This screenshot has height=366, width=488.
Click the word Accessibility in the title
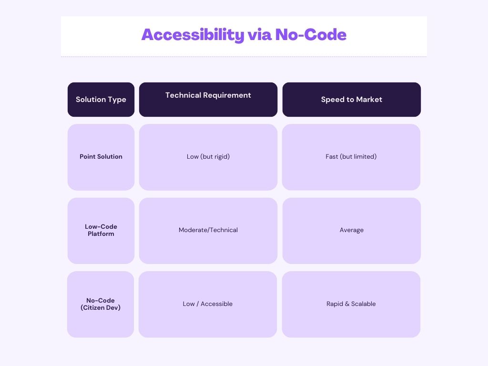[x=193, y=35]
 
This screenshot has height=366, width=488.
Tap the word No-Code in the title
[x=311, y=34]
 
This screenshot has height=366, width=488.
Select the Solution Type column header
[x=101, y=100]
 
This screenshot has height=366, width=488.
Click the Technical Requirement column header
[x=208, y=100]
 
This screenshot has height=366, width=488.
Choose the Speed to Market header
[x=352, y=100]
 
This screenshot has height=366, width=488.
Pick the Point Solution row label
[x=101, y=157]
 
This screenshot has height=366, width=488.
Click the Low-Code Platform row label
[x=101, y=231]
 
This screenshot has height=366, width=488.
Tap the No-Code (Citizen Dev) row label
[x=101, y=304]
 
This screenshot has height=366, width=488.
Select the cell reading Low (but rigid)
[x=208, y=157]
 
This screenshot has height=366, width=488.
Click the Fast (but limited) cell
[x=351, y=157]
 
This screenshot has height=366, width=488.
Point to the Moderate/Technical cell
[x=208, y=231]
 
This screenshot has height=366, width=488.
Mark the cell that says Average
[x=352, y=231]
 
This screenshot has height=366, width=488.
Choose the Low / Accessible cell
[x=208, y=304]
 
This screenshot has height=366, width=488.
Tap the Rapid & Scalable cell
[x=351, y=304]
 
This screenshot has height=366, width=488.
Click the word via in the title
[x=260, y=34]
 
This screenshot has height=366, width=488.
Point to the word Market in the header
[x=369, y=100]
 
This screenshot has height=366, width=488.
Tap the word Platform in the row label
[x=101, y=234]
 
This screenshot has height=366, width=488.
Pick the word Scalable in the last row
[x=364, y=304]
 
